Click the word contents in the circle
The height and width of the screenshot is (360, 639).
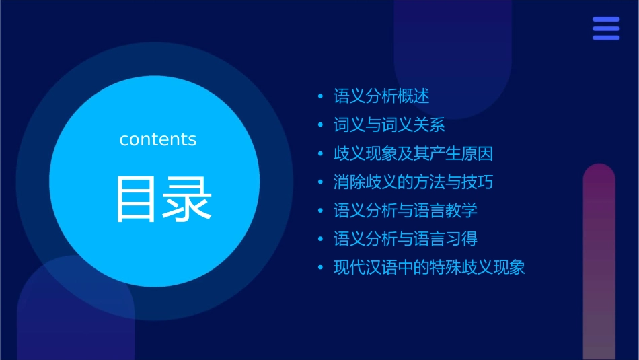(158, 139)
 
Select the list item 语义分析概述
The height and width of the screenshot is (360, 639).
(381, 96)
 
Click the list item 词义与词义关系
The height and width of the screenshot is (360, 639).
(389, 125)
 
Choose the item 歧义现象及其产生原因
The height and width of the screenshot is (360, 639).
(413, 153)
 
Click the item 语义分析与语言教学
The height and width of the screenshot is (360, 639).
(406, 210)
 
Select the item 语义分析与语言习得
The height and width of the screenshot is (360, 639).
(406, 239)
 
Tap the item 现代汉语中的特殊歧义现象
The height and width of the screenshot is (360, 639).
(429, 267)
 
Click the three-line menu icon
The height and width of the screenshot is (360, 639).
(606, 29)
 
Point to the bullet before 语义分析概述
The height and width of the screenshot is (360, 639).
(321, 97)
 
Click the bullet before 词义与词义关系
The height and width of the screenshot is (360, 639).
(321, 125)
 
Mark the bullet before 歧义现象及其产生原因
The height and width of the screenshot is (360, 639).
(321, 153)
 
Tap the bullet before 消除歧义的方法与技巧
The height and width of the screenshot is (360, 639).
(321, 182)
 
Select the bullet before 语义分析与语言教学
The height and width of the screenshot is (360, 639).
(321, 211)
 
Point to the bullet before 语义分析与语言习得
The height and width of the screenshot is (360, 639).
(321, 239)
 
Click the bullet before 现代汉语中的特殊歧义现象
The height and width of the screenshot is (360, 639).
(321, 268)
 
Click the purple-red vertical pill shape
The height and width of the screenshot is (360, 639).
(599, 262)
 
